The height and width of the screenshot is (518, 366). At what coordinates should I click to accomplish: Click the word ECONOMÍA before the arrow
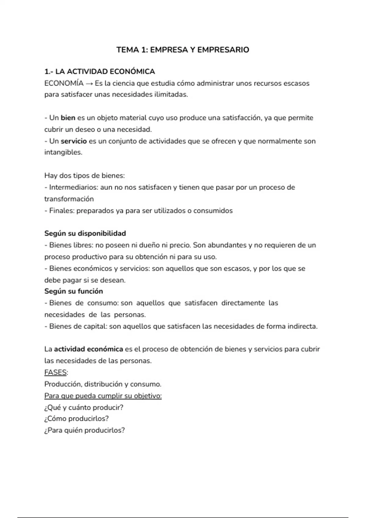coord(64,83)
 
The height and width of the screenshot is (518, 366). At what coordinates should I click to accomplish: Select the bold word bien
coord(68,118)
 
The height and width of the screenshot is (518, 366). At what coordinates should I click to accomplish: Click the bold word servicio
coord(74,141)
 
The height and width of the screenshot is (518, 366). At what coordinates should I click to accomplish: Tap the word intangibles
coord(63,152)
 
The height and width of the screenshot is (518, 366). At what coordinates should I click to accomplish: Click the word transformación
coord(69,199)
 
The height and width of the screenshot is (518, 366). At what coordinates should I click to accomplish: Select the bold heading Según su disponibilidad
coord(85,233)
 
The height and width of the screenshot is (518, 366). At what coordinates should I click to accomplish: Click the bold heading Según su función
coord(74,291)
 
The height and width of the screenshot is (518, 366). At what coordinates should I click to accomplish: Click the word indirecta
coord(302,326)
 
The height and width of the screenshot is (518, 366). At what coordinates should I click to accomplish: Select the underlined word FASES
coord(56,372)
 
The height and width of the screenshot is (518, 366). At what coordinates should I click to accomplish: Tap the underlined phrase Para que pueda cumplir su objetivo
coord(103,396)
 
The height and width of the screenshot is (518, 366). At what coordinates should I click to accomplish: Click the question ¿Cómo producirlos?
coord(77,419)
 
